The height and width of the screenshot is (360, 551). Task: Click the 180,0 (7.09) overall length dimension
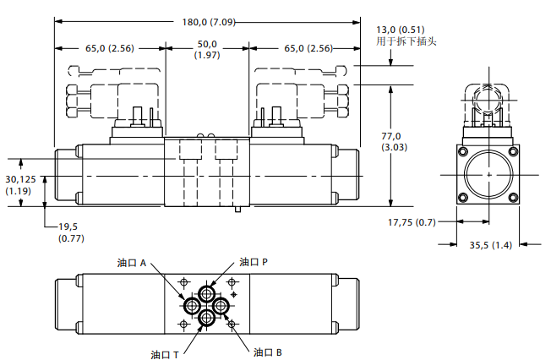209,22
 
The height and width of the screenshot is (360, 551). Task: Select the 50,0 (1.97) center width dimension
207,50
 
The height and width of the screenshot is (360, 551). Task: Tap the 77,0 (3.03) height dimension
395,141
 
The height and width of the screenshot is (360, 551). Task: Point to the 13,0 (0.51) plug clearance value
401,30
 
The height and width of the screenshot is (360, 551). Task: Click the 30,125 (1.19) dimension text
20,185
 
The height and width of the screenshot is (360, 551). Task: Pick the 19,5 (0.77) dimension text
71,232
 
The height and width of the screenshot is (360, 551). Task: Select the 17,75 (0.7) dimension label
412,222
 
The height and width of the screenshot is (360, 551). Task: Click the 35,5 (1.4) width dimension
490,245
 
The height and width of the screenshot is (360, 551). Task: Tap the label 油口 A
132,263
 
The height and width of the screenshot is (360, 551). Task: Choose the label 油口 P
254,262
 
